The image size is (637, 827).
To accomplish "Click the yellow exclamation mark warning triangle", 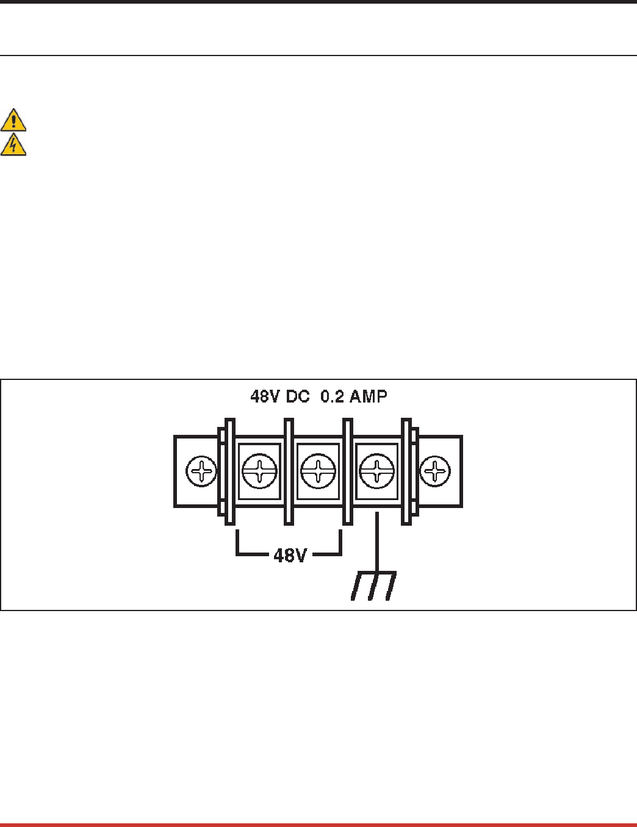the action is pos(13,120).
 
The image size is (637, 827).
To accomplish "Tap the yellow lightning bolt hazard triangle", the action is pos(13,145).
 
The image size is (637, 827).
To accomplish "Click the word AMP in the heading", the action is pos(369,397).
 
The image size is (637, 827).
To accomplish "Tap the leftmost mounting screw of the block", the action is pos(201,471).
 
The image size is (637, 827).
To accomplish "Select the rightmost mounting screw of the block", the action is pos(435,471).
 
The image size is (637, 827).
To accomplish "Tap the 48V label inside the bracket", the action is pos(290,556).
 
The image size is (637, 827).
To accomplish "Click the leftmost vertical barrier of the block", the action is pos(230,471).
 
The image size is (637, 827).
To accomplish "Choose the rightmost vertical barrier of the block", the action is pos(406,471).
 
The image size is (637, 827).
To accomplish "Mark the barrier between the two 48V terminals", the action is pos(289,471).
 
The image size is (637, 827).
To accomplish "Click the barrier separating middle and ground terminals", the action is pos(348,471).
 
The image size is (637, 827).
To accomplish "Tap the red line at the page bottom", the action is pos(318,825).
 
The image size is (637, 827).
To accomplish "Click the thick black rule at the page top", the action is pos(318,2).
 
